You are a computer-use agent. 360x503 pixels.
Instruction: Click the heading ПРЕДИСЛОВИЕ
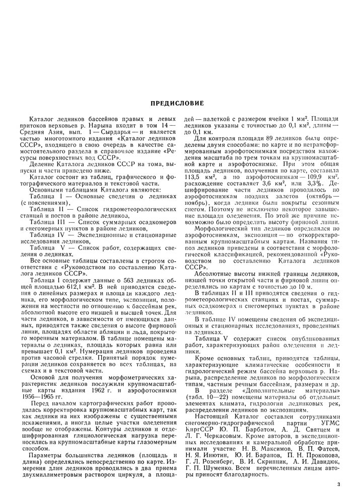(x=177, y=104)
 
